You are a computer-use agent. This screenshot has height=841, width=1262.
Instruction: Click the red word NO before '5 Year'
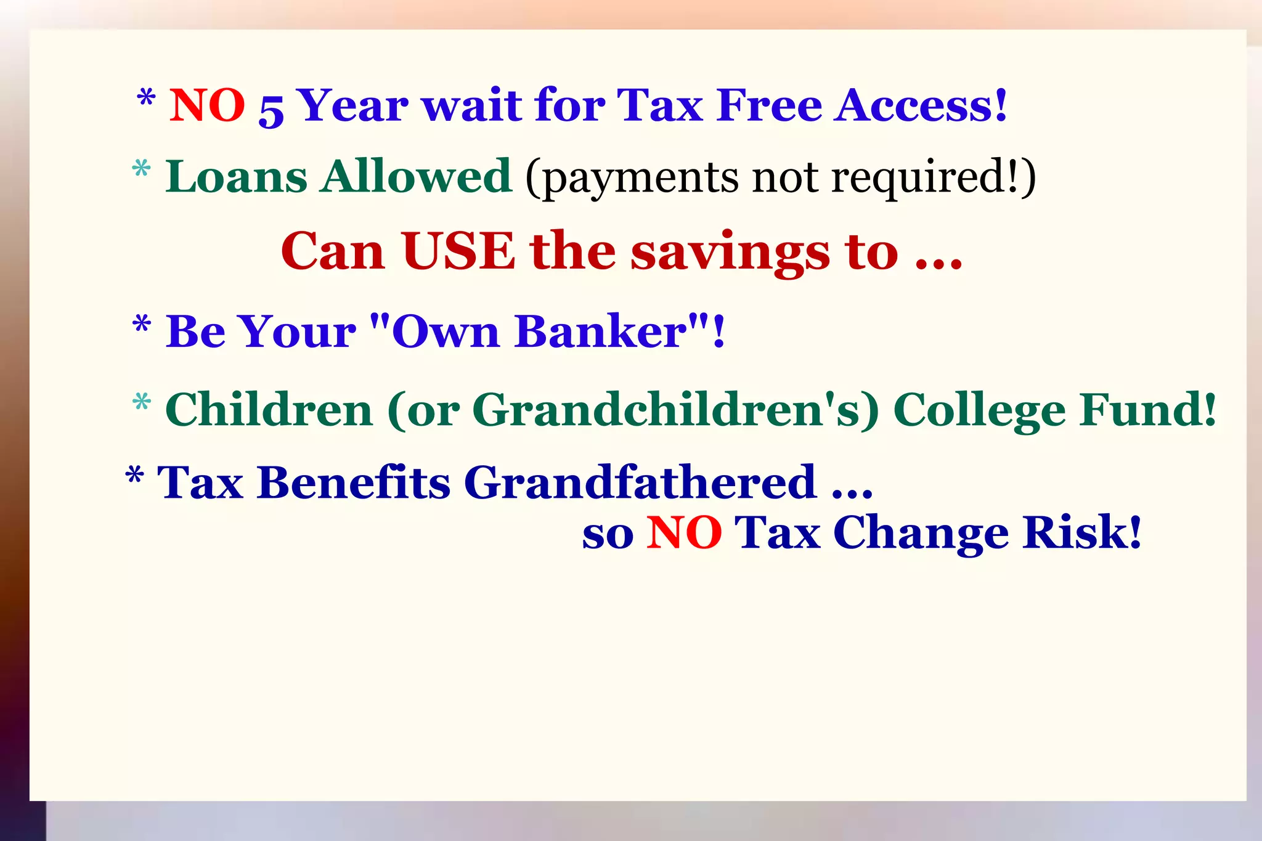pyautogui.click(x=207, y=105)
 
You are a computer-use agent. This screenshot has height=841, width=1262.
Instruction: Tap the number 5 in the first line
pyautogui.click(x=271, y=110)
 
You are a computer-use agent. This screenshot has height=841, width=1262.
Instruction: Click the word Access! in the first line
pyautogui.click(x=921, y=105)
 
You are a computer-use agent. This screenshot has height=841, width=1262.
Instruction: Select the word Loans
pyautogui.click(x=236, y=177)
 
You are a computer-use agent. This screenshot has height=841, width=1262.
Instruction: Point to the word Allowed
pyautogui.click(x=416, y=177)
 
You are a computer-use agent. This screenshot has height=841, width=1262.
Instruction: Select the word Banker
pyautogui.click(x=601, y=332)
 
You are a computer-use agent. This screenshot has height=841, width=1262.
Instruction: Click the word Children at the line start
pyautogui.click(x=269, y=410)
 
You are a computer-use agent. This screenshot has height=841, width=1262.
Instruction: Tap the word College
pyautogui.click(x=979, y=411)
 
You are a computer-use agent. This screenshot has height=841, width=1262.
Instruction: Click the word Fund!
pyautogui.click(x=1148, y=410)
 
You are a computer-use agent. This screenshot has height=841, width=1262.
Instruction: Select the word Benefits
pyautogui.click(x=354, y=482)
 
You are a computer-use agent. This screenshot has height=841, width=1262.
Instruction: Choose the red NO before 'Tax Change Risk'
pyautogui.click(x=684, y=533)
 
